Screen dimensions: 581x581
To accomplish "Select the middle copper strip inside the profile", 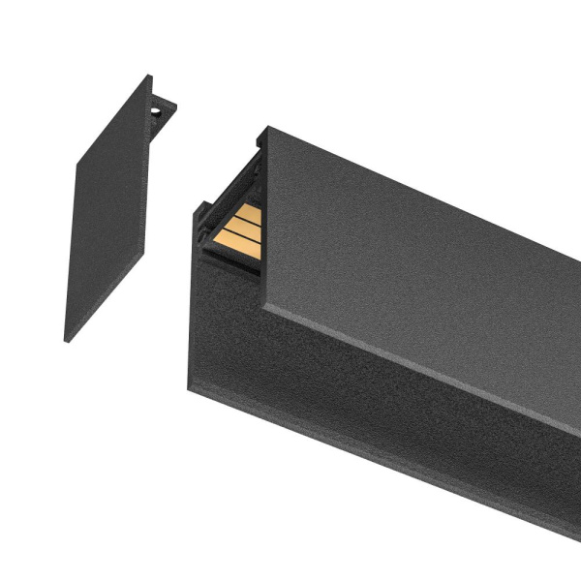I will pos(243,227).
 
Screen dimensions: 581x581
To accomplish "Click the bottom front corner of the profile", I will pos(190,385).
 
